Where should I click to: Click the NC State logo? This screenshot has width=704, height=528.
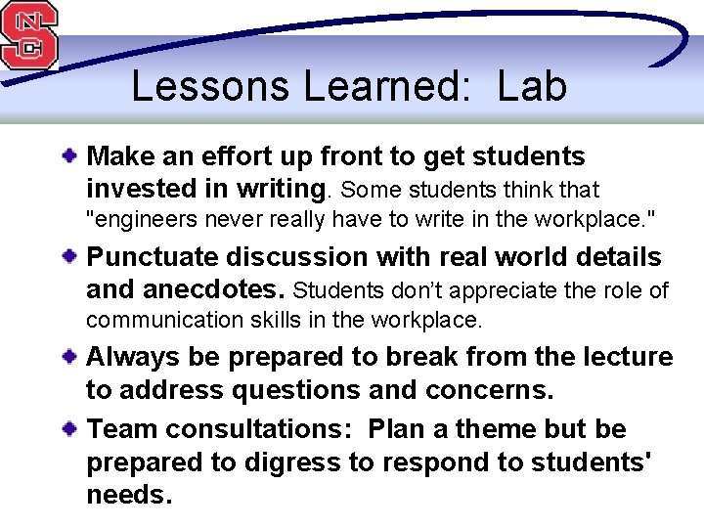coord(29,35)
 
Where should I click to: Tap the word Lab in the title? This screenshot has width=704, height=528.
coord(532,86)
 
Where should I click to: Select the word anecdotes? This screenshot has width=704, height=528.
coord(214,289)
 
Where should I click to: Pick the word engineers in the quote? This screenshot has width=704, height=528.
coord(139,219)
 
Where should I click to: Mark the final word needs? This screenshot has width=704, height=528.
coord(129,495)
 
